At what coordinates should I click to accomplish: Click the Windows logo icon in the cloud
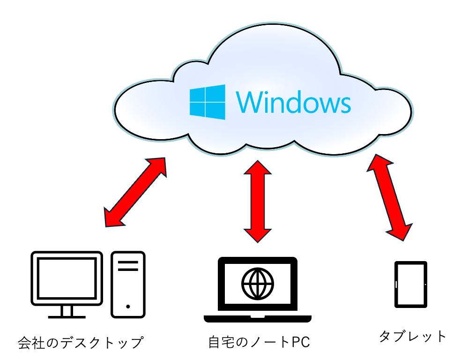click(x=207, y=102)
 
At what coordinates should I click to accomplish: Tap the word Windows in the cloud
click(x=294, y=102)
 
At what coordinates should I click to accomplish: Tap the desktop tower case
click(x=128, y=284)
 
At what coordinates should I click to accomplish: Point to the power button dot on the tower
click(x=128, y=307)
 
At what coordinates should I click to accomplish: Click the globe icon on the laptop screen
click(x=257, y=283)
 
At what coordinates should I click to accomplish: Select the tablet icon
click(x=411, y=285)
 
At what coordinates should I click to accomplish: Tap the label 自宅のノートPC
click(x=259, y=342)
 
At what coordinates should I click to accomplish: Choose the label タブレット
click(x=413, y=336)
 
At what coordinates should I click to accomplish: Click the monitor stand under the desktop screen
click(x=67, y=311)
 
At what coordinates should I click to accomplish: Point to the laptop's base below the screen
click(x=257, y=319)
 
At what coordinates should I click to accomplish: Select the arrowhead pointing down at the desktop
click(x=113, y=217)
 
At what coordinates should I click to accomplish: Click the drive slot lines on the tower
click(x=128, y=266)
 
